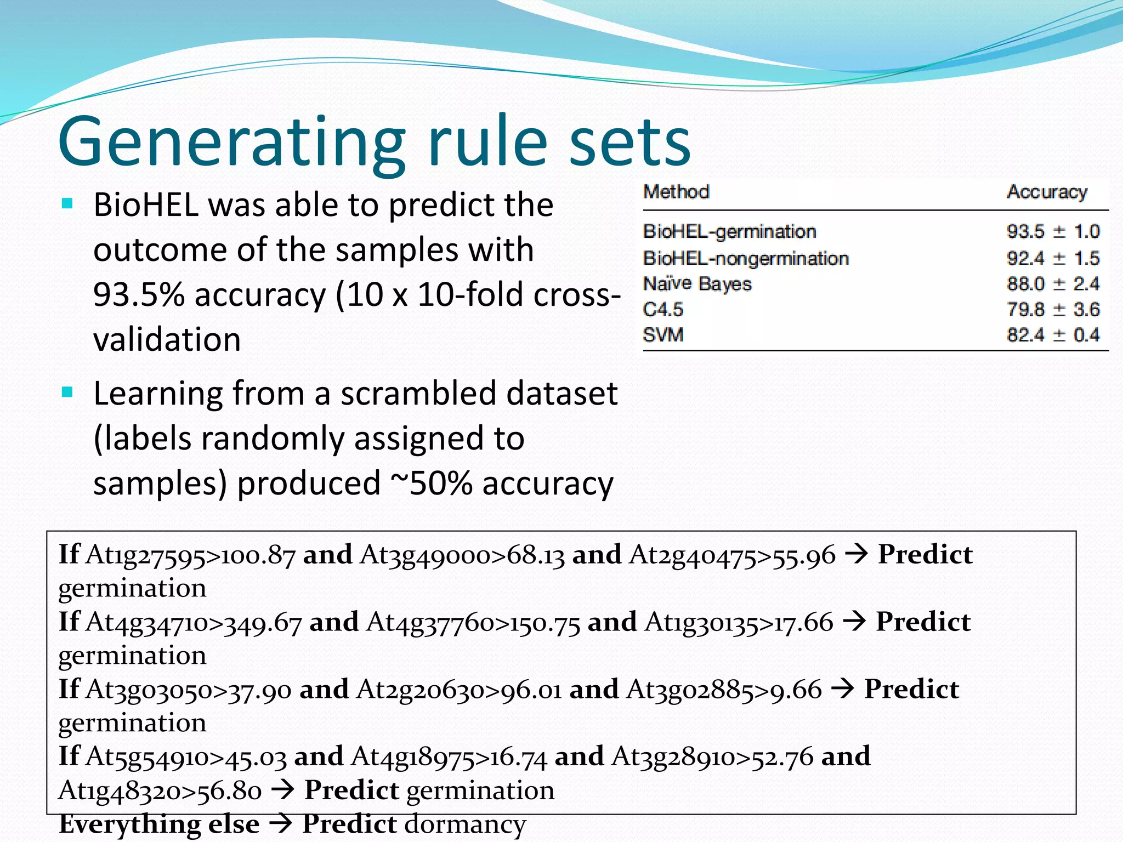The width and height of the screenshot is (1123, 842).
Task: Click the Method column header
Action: point(676,192)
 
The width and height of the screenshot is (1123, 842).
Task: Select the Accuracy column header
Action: point(1047,192)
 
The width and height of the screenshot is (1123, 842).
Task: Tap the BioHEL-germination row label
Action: point(729,231)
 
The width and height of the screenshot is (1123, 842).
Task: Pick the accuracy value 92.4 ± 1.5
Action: point(1053,258)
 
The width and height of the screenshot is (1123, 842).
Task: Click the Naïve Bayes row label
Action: point(697,284)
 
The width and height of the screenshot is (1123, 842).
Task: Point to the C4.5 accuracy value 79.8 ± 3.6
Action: point(1053,309)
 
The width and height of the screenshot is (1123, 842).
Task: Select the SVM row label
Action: point(663,334)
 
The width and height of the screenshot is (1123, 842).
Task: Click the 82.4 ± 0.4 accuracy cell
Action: point(1053,334)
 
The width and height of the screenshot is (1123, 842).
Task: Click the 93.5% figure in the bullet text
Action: point(139,294)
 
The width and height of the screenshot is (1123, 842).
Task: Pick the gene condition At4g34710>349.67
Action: point(194,623)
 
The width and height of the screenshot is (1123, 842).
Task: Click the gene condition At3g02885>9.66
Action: point(724,690)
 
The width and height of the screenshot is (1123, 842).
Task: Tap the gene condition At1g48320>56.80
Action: point(160,790)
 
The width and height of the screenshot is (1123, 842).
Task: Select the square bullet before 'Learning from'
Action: point(67,392)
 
